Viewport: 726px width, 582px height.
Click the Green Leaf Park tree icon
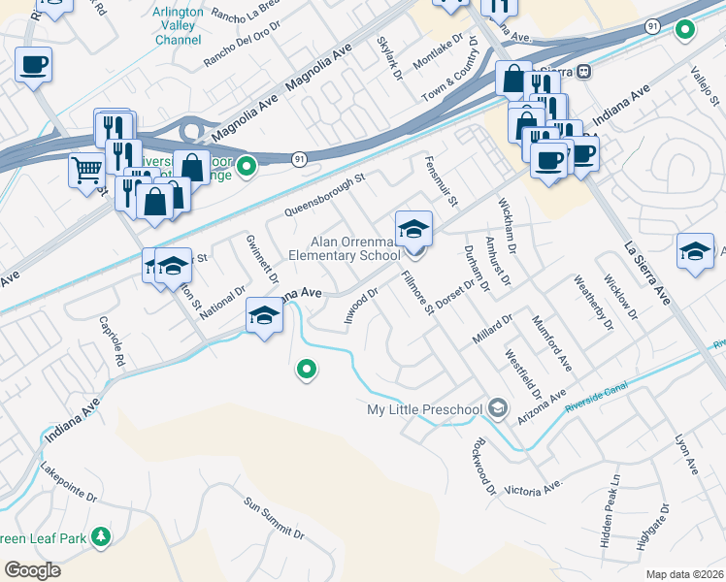point(100,537)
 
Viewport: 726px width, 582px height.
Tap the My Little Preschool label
point(424,408)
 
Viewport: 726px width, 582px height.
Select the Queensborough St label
point(324,194)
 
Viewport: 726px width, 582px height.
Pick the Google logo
point(32,569)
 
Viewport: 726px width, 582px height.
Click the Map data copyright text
point(685,574)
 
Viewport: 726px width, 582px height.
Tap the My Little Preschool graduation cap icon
point(498,407)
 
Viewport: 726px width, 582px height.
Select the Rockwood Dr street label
point(482,467)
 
